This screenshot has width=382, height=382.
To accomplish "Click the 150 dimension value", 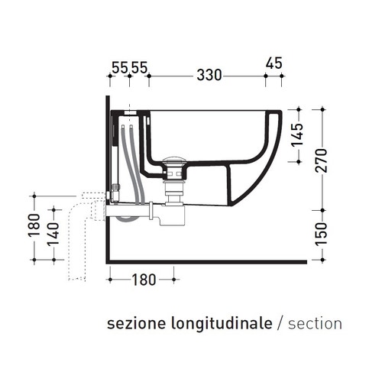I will click(x=324, y=231).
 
